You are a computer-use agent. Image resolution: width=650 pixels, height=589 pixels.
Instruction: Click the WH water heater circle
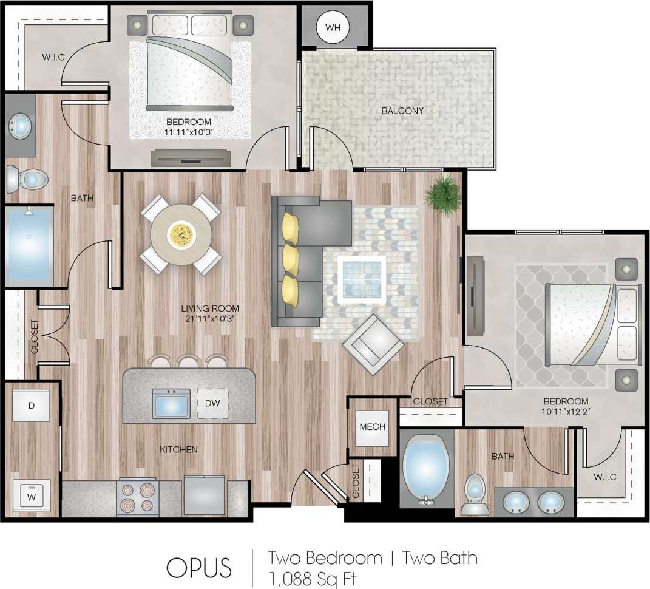point(333,27)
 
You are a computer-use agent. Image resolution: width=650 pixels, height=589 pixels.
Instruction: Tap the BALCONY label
point(402,111)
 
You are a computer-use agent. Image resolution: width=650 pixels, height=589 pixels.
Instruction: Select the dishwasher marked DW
point(212,403)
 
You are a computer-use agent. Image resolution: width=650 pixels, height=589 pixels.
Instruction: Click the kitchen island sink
point(169,403)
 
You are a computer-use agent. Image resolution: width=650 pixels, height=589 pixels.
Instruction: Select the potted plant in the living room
point(442,195)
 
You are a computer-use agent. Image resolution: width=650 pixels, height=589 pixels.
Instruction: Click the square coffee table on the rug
point(362,279)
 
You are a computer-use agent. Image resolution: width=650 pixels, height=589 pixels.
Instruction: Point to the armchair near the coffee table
point(373,345)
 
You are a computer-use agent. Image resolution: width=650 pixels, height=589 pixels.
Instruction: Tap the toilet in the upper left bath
point(28,179)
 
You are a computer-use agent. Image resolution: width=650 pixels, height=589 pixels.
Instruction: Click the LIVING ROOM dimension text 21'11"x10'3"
point(209,318)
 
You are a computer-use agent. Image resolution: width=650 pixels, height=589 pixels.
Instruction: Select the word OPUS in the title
point(199,567)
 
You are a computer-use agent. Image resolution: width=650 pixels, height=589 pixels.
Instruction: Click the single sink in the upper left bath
point(21,127)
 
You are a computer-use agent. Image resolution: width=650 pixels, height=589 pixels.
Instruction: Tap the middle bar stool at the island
point(188,361)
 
